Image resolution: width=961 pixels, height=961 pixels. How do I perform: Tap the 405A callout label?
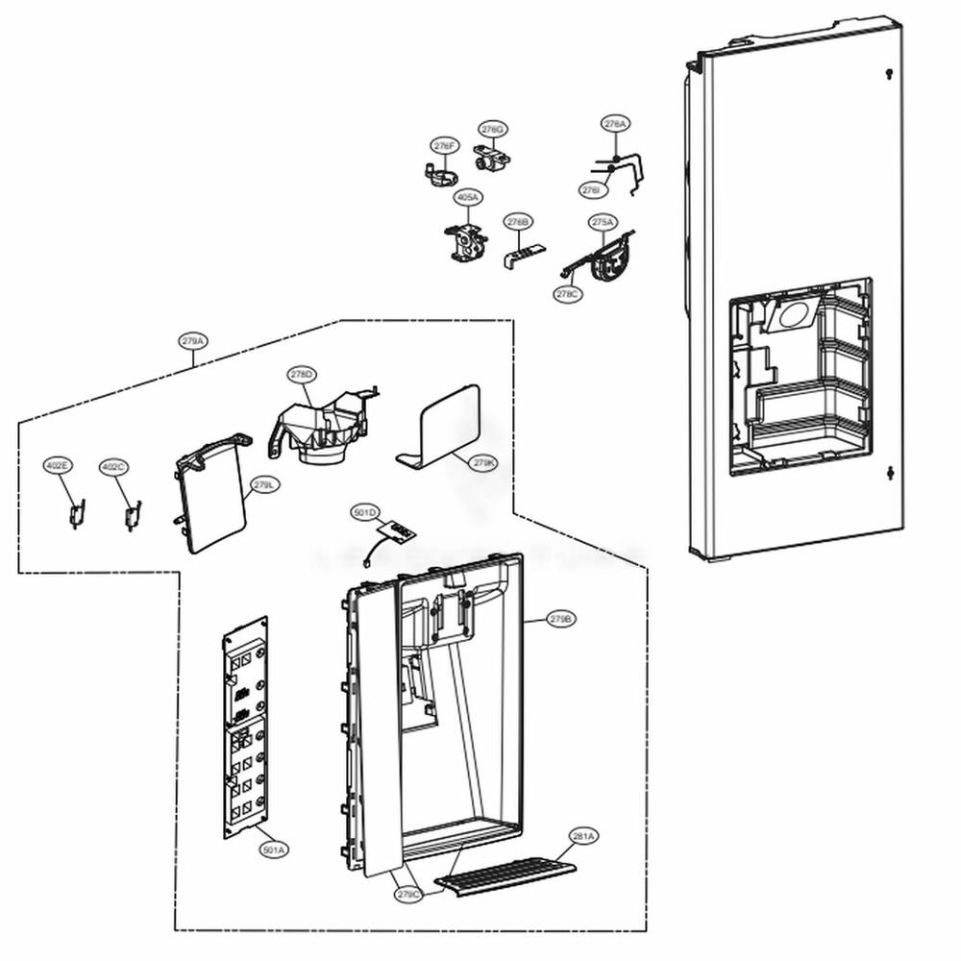468,197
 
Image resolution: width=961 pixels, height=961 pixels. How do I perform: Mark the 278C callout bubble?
568,293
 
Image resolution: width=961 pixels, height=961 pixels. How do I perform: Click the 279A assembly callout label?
193,340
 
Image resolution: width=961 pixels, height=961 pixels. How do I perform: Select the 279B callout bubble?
561,620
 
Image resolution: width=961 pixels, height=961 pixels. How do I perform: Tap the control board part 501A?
245,730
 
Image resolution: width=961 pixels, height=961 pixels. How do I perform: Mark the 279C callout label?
408,894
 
